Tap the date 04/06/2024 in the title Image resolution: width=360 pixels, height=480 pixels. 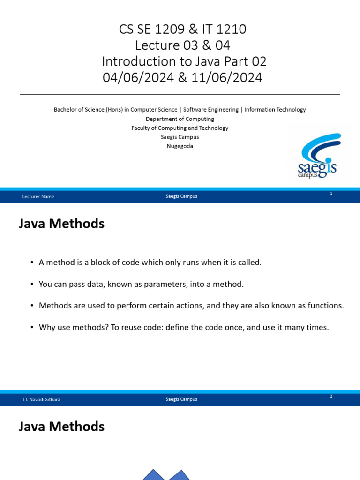(138, 77)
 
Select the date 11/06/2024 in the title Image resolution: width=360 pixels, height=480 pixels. (227, 77)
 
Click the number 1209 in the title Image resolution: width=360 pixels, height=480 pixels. (167, 30)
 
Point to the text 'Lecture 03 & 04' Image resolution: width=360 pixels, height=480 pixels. (183, 45)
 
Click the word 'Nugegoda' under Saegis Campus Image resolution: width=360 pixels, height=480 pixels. (180, 146)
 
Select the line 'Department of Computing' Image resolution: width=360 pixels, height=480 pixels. (180, 119)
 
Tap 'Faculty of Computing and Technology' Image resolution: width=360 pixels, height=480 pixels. (180, 128)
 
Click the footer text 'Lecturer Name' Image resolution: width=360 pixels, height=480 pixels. (38, 196)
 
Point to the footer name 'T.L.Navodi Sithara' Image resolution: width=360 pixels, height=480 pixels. (41, 399)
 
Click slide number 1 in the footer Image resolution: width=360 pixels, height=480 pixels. (331, 193)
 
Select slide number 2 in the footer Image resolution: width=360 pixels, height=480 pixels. (331, 396)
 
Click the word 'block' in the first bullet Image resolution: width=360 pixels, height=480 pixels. (100, 262)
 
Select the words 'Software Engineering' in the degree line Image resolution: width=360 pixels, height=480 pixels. (211, 110)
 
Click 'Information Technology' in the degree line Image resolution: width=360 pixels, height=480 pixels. (275, 110)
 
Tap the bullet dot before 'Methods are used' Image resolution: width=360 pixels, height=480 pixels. (32, 306)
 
